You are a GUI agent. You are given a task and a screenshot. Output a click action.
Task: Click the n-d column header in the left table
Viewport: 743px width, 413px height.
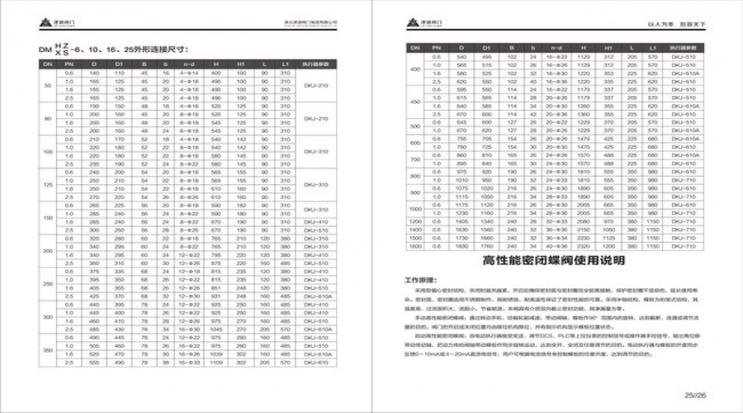coord(188,64)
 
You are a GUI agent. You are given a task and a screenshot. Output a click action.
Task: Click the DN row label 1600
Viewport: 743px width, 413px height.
coord(415,246)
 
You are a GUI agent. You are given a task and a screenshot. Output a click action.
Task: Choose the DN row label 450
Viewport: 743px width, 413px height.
coord(415,102)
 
